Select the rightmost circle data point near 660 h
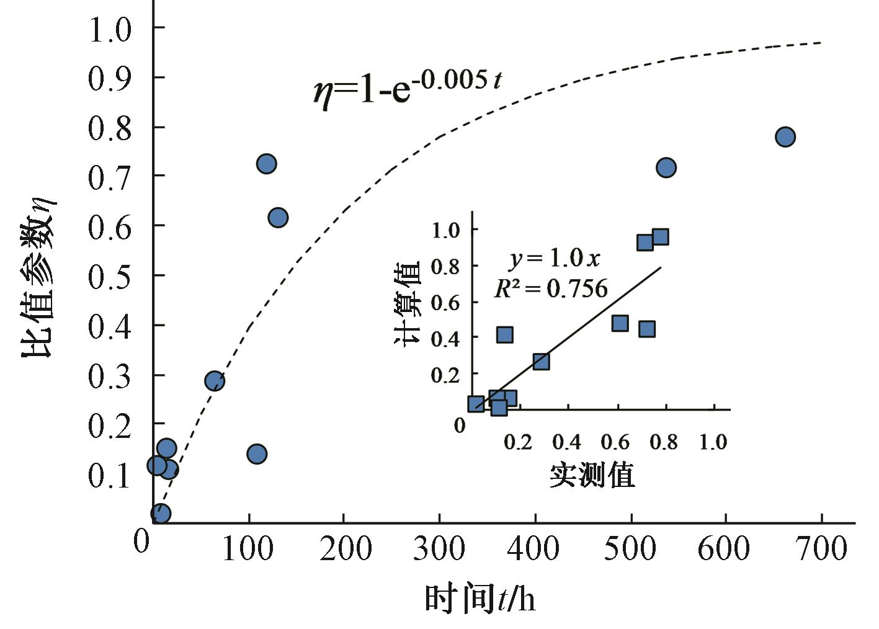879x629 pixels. tap(785, 136)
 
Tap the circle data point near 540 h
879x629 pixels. tap(666, 167)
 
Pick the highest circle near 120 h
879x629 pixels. tap(266, 164)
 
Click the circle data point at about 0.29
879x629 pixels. tap(214, 381)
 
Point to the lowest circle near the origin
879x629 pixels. tap(160, 513)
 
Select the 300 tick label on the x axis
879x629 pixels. tap(439, 549)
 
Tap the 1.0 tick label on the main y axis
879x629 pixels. tap(110, 29)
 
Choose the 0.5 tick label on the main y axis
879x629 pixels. tap(110, 276)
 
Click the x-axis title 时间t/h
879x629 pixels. tap(480, 599)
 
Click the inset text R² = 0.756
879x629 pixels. tap(551, 288)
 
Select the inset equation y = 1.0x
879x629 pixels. tap(555, 258)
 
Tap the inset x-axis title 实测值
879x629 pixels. tap(592, 475)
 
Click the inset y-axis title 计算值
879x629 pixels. tap(408, 303)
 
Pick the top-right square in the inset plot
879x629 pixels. tap(660, 237)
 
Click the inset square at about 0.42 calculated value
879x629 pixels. tap(504, 335)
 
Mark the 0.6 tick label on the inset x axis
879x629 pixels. tap(615, 442)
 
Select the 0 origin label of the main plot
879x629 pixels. tap(142, 542)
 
